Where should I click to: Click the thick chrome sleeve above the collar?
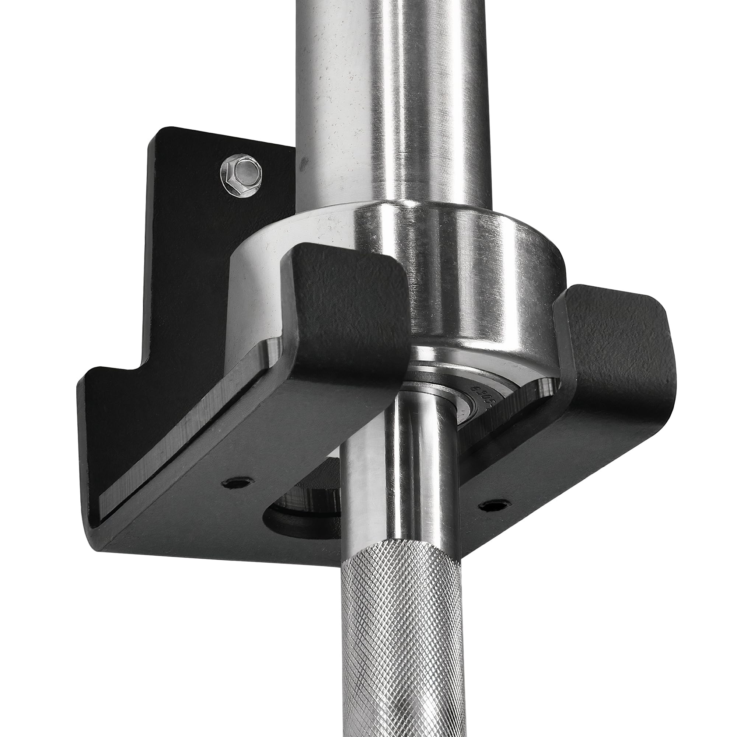pyautogui.click(x=393, y=95)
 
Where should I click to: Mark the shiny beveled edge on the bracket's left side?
pyautogui.click(x=183, y=431)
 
